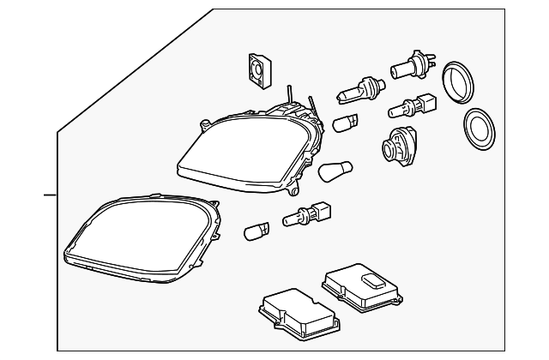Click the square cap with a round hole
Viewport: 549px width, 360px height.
click(x=256, y=70)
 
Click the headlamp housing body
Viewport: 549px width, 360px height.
click(x=249, y=150)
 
